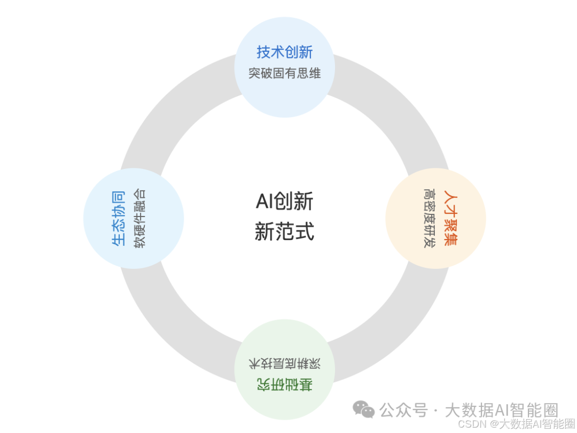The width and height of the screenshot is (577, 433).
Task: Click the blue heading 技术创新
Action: (284, 52)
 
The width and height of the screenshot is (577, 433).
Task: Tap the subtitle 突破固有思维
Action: (284, 73)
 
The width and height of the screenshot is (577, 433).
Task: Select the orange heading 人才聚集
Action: (450, 218)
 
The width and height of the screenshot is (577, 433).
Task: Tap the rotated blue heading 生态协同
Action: (118, 218)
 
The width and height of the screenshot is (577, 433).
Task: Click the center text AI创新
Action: (284, 202)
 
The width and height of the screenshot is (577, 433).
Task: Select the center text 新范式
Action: (284, 232)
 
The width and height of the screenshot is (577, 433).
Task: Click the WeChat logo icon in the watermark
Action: (363, 409)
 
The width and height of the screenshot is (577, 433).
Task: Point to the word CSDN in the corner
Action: (470, 424)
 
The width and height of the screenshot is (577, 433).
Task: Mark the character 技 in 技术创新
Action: (263, 52)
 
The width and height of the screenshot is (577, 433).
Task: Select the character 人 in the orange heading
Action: (450, 196)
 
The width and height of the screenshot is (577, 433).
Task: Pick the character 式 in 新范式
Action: (305, 232)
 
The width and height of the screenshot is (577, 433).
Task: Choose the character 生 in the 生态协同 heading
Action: (118, 241)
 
